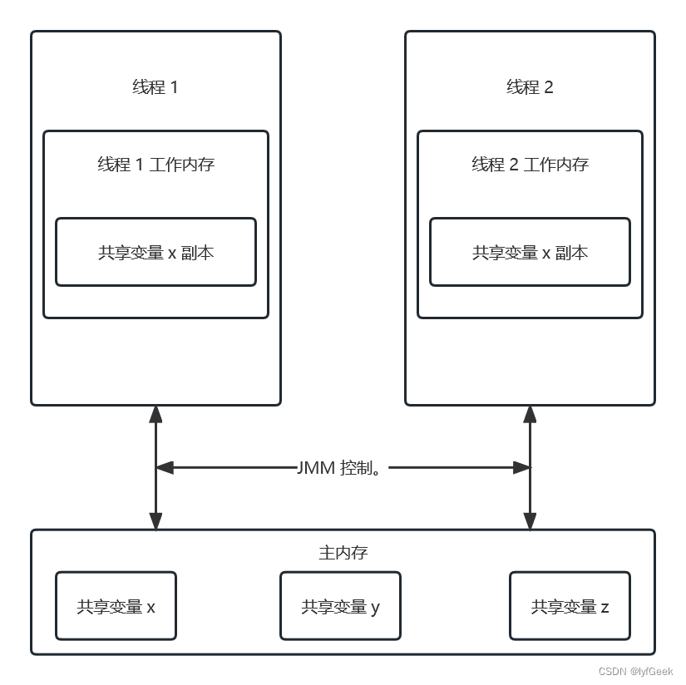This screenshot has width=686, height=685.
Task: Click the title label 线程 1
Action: pos(155,87)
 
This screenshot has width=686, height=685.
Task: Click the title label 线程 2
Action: pos(530,87)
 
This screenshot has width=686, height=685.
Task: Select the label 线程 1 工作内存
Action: pos(155,165)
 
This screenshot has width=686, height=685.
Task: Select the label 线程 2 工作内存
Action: pos(530,165)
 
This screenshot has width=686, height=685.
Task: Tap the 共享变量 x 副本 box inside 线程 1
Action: pos(155,252)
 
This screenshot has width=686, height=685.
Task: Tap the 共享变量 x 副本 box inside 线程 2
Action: pos(530,252)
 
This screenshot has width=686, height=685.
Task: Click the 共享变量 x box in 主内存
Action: pos(116,606)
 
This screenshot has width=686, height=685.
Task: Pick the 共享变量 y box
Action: pos(340,606)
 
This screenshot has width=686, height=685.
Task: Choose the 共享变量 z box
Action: pos(570,606)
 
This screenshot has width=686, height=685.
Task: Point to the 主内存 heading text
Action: pos(343,553)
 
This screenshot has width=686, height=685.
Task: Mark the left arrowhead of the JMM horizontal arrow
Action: pos(165,468)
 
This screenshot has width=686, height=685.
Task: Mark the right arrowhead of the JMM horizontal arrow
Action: pos(521,468)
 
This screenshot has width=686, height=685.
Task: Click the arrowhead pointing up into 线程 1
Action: pos(155,414)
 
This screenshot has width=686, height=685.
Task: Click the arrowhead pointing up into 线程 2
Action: pos(530,414)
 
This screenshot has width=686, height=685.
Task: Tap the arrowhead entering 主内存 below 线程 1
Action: pos(155,521)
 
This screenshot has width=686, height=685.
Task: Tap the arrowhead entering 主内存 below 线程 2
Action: pos(530,521)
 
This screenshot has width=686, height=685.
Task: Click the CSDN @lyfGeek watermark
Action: pos(635,671)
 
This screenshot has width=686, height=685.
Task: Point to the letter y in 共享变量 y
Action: pos(375,608)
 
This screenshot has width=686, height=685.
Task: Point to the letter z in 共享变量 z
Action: pos(605,608)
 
